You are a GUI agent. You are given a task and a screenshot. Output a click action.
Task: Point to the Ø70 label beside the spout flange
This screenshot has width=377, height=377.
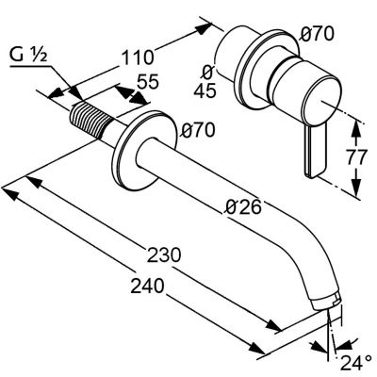pos(196,130)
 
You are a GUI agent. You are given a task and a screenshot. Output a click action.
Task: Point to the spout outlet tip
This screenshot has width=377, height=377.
pos(327,300)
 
